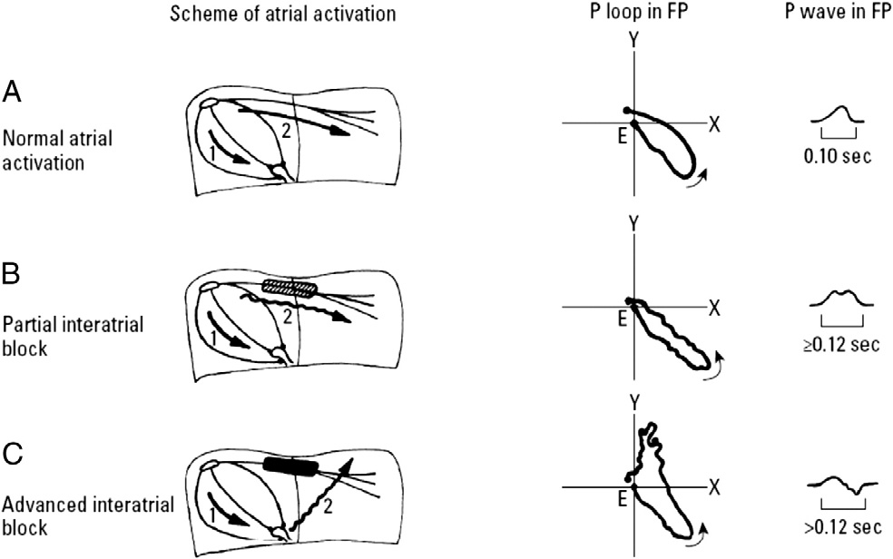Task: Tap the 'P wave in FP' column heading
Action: (839, 15)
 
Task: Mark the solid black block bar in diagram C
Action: (290, 466)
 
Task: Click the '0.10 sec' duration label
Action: (839, 156)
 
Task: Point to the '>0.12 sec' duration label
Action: (839, 526)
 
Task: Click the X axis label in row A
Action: (714, 124)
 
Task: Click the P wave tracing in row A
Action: (839, 115)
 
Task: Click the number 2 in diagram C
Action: (326, 510)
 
